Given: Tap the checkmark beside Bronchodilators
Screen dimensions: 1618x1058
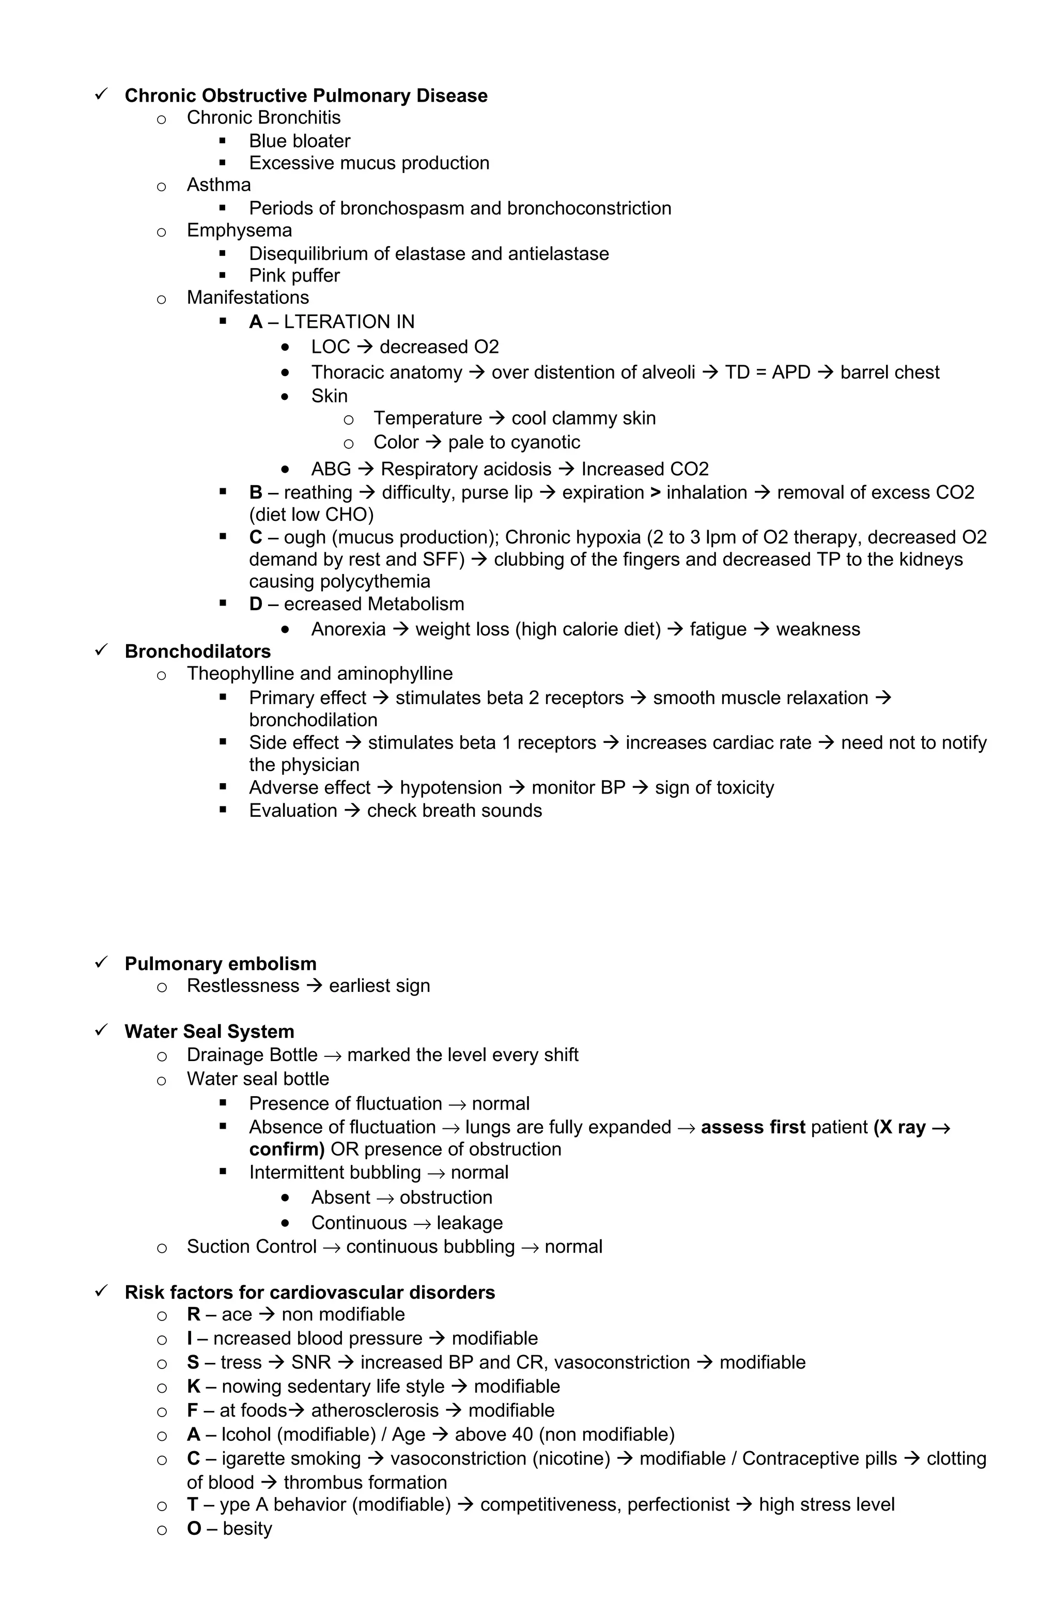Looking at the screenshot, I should [x=101, y=650].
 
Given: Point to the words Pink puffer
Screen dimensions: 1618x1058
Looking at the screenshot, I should [x=294, y=275].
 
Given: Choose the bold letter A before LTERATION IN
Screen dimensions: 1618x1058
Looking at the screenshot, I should [x=256, y=321].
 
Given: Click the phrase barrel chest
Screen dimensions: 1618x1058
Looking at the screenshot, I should [x=890, y=372].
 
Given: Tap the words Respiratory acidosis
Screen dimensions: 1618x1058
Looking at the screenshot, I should [x=466, y=469].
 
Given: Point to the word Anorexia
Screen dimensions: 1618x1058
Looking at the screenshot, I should [x=348, y=629].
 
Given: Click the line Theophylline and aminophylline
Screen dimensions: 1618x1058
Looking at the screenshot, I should [x=320, y=673].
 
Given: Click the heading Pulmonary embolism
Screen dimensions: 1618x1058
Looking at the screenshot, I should [x=220, y=963].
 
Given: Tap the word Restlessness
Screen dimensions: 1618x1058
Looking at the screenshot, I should [x=243, y=986].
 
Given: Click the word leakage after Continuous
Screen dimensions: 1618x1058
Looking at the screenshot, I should [x=469, y=1222].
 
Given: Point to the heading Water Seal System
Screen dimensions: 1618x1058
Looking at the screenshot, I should [x=209, y=1031].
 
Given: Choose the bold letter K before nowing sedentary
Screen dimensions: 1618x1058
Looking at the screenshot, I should [x=194, y=1386].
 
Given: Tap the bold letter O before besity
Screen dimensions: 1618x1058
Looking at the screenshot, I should [x=194, y=1528].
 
